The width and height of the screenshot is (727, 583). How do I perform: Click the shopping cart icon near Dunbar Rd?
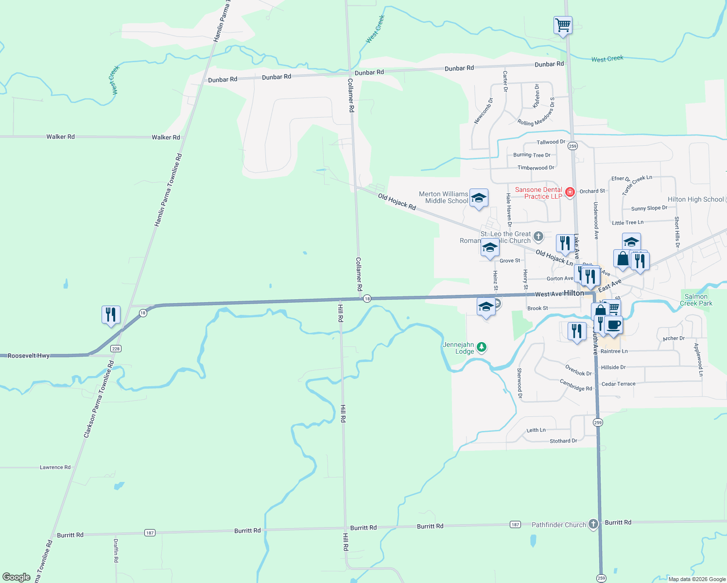[563, 24]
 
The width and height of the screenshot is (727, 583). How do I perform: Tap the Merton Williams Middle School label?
[444, 197]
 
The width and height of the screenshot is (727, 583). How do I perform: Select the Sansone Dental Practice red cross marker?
[570, 192]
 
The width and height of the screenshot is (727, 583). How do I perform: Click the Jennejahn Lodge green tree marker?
[482, 347]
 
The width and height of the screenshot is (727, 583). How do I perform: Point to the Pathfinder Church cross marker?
[593, 524]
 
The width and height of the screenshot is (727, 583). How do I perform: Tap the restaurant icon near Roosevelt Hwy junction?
[111, 315]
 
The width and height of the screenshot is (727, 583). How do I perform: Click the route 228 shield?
[116, 349]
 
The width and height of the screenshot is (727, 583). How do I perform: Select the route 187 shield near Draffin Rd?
[150, 533]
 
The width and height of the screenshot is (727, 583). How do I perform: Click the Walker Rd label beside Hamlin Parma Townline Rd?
[166, 137]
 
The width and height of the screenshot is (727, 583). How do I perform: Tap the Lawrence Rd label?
[55, 467]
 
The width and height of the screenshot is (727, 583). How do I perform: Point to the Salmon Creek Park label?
[696, 300]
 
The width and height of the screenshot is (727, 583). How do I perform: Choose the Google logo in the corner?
[17, 577]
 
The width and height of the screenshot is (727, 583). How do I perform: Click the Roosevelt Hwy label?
[29, 356]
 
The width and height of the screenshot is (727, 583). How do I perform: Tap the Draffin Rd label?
[116, 550]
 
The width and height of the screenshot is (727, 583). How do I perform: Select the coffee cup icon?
[614, 325]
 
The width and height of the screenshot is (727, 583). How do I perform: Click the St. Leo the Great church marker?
[538, 237]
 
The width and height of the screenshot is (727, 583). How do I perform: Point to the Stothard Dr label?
[563, 441]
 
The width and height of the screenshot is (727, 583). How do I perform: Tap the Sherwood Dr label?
[519, 383]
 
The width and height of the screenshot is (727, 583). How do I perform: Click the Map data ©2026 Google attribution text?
[697, 579]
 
